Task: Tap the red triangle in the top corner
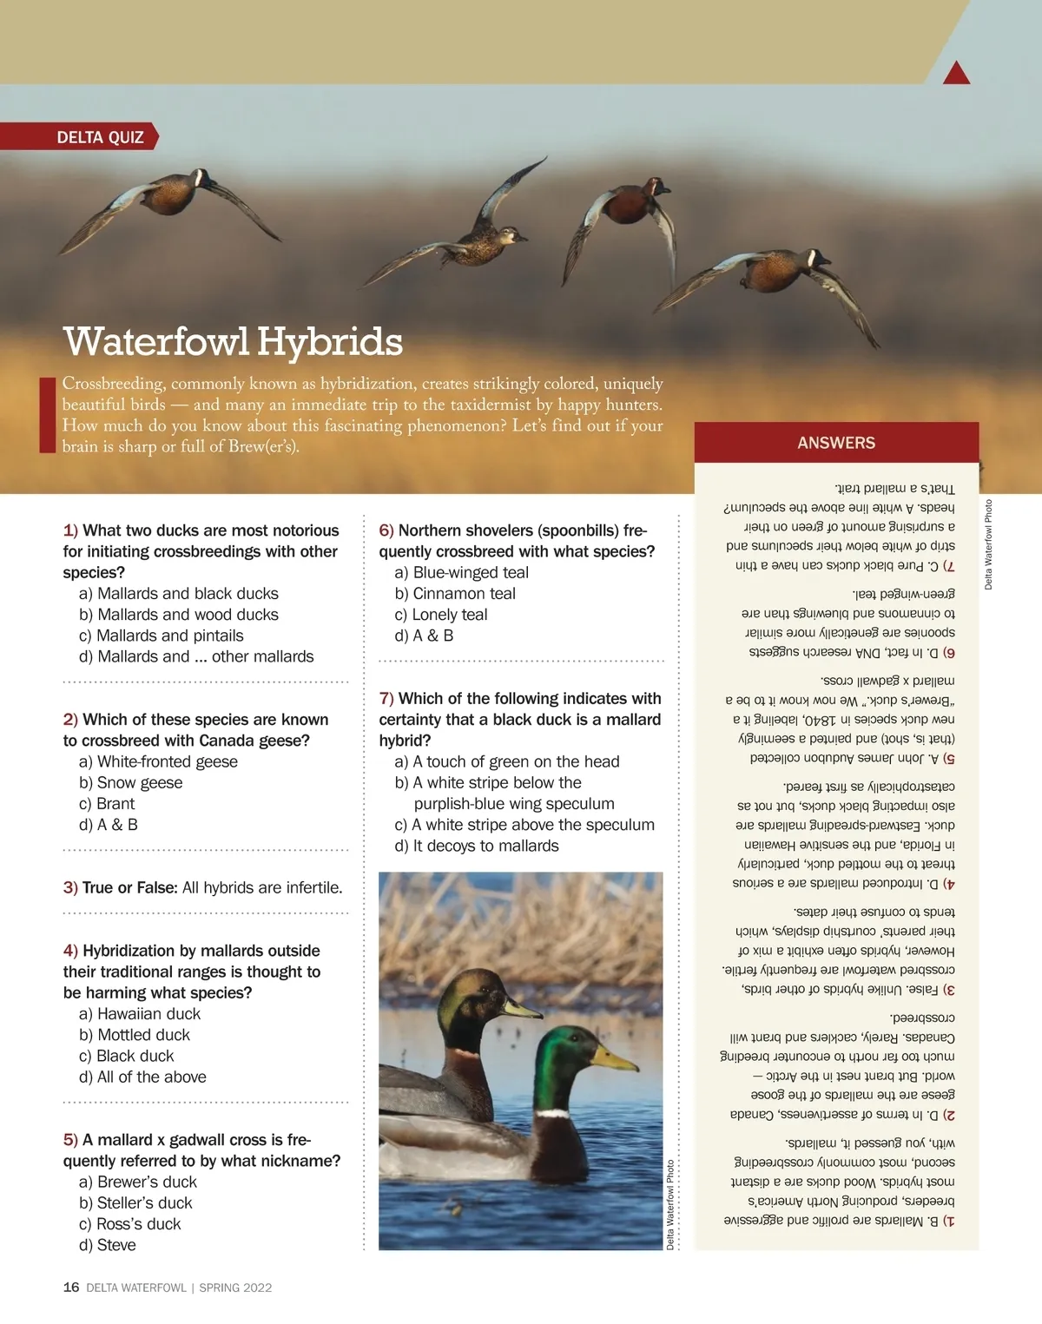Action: tap(956, 75)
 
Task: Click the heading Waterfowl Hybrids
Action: tap(233, 341)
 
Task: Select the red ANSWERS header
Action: tap(836, 443)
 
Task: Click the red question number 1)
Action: tap(70, 530)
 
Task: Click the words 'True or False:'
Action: tap(129, 887)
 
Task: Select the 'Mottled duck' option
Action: tap(143, 1035)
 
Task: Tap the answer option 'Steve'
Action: tap(116, 1245)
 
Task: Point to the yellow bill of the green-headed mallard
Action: tap(615, 1058)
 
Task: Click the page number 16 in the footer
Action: tap(71, 1288)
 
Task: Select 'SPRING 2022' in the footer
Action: tap(235, 1288)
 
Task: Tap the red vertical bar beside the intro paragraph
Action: tap(47, 415)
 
